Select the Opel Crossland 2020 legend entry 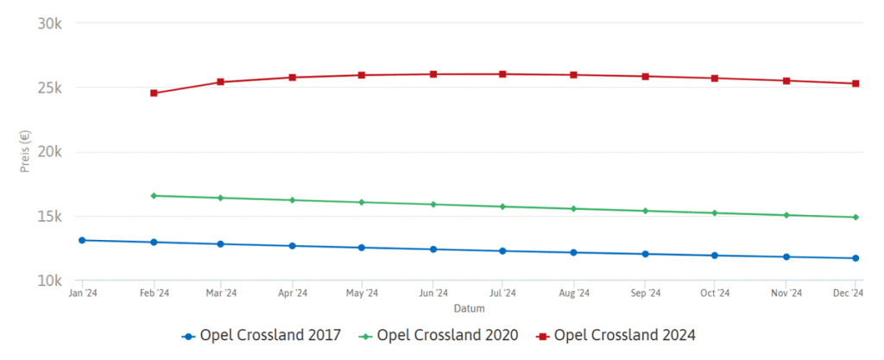[x=439, y=335]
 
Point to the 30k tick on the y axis [x=49, y=23]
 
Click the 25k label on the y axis [x=49, y=88]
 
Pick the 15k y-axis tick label [x=49, y=217]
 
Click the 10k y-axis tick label [x=49, y=281]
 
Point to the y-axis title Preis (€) [x=25, y=152]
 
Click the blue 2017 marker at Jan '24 [x=83, y=240]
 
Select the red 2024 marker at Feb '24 [x=154, y=93]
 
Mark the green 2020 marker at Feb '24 [x=154, y=196]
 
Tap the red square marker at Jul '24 [x=502, y=74]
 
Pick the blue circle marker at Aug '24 [x=573, y=252]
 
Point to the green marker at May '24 [x=362, y=202]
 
